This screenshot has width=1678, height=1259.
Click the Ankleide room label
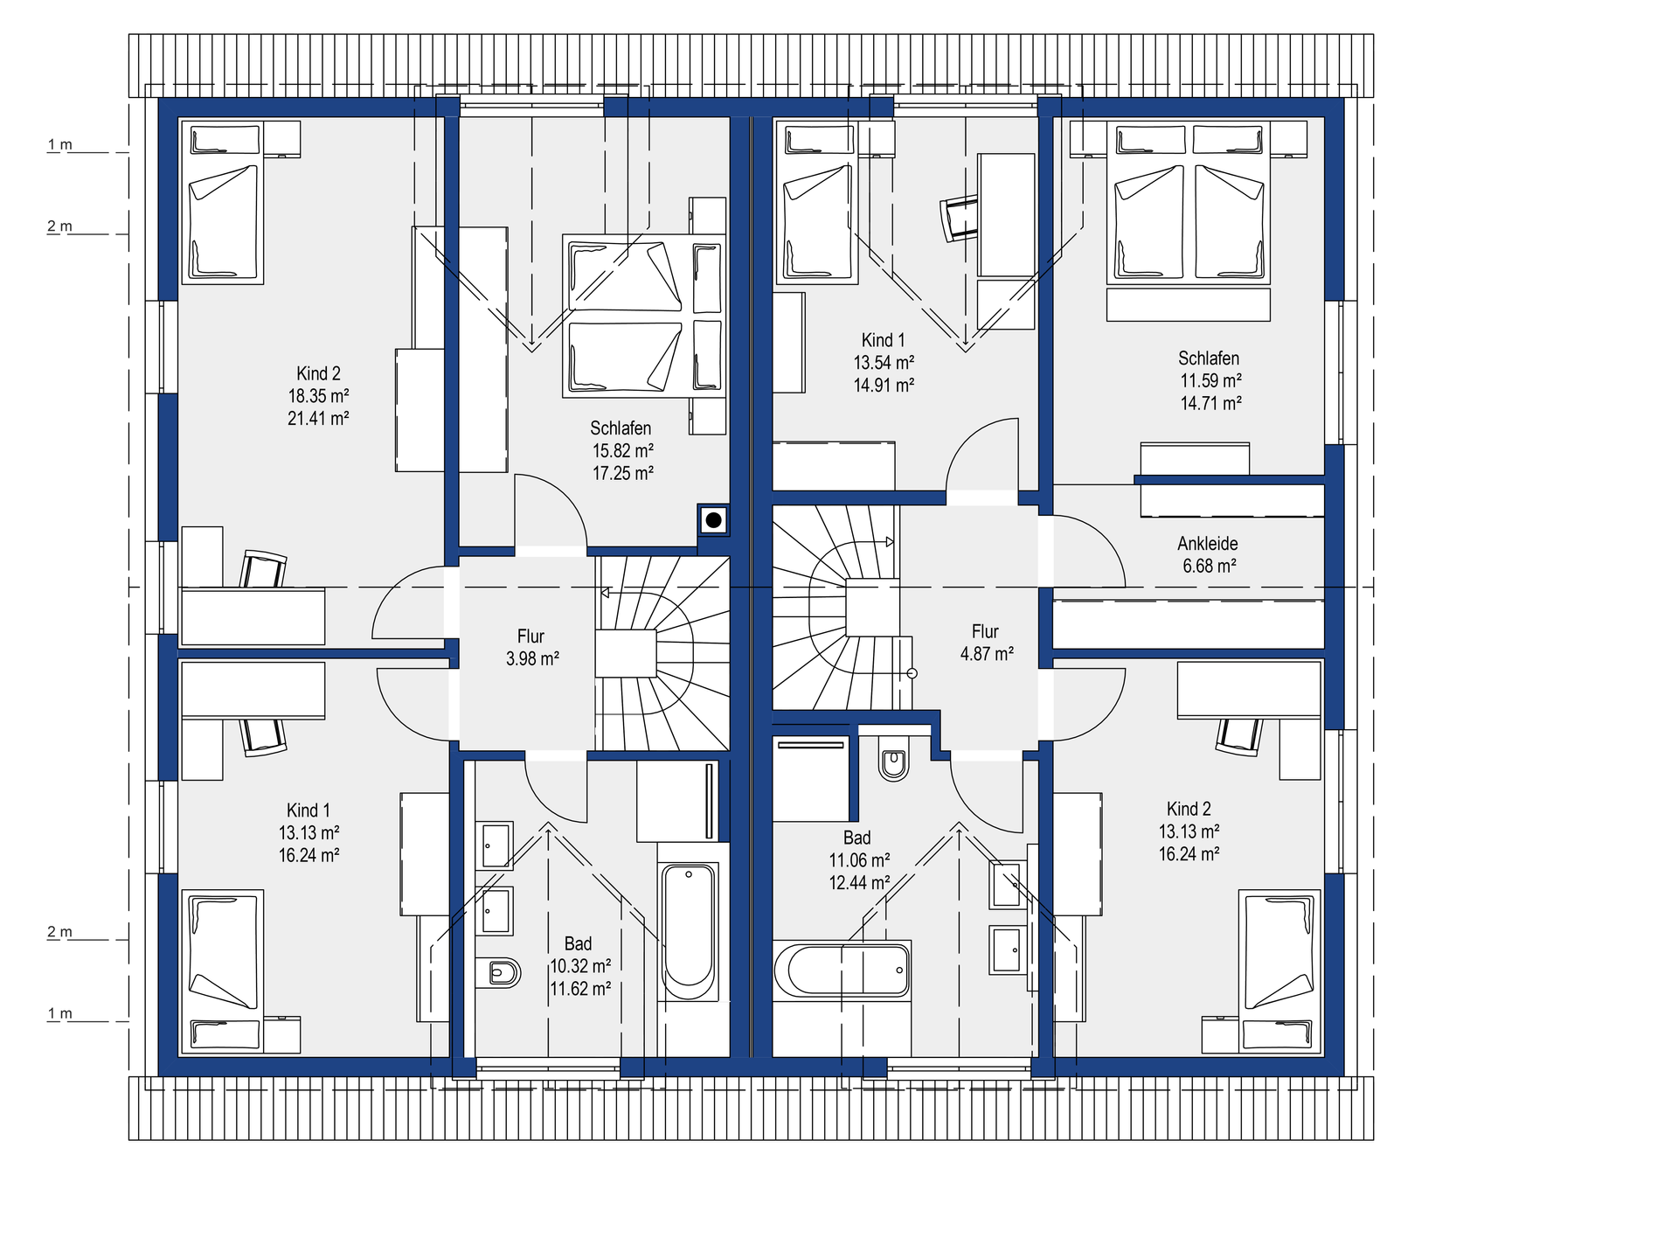(x=1207, y=544)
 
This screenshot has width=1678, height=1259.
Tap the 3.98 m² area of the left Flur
(x=532, y=659)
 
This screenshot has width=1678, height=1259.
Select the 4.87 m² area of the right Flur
(x=987, y=654)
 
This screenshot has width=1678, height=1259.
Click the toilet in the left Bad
(x=498, y=972)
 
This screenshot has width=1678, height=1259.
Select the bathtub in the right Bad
(x=842, y=970)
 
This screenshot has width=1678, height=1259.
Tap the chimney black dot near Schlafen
(x=714, y=520)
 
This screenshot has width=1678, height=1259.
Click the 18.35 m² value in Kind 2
(x=319, y=396)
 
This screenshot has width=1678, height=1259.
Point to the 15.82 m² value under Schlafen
(x=623, y=451)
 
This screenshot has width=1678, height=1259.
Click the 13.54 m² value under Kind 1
(x=884, y=363)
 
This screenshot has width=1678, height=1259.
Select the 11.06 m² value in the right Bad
(x=860, y=861)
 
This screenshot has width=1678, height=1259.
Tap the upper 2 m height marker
(x=59, y=226)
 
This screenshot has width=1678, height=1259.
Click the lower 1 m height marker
(x=59, y=1014)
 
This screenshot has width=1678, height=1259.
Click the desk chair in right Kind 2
(x=1239, y=736)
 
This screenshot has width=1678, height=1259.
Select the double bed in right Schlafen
(x=1189, y=203)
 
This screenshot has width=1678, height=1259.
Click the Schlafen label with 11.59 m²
(x=1209, y=358)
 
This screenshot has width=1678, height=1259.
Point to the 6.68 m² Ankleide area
(x=1210, y=567)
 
